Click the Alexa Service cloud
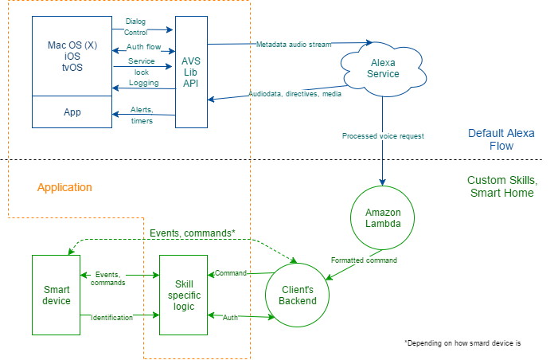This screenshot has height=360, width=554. point(380,68)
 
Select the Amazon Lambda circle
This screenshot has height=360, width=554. point(384,218)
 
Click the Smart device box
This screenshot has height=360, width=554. point(56,295)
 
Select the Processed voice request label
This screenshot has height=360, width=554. point(383,136)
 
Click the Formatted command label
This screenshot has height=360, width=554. point(364,260)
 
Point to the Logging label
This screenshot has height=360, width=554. point(143,82)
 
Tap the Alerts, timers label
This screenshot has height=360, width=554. point(141,115)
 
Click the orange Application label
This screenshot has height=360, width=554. point(64,187)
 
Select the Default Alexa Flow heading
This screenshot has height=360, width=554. point(501,140)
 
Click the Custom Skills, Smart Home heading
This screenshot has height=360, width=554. point(501,186)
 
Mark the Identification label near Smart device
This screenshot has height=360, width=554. point(111,317)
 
